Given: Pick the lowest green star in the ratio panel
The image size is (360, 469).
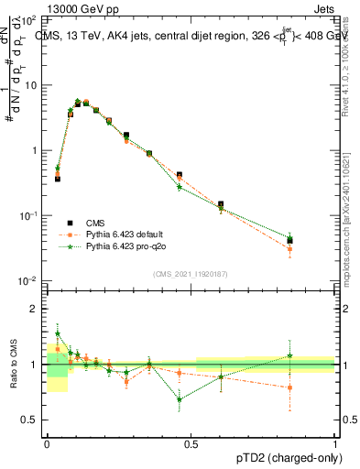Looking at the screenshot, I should pos(180,399).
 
